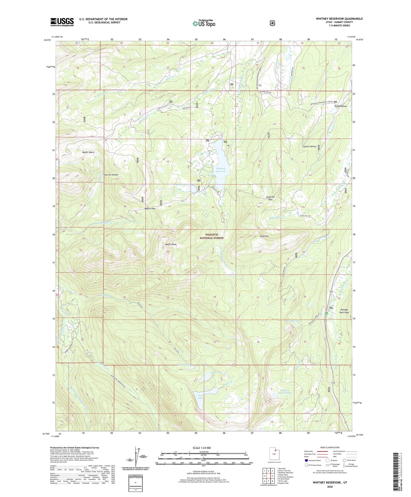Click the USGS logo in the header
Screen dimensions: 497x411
pos(62,22)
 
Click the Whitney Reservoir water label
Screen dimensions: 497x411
pos(221,170)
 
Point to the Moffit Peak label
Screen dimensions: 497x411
pos(171,244)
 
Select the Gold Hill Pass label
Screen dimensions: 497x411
pos(270,198)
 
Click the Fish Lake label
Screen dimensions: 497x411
pos(200,397)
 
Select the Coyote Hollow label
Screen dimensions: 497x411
pos(309,146)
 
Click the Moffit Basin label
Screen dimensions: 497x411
pos(88,152)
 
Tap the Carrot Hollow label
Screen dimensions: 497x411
pos(111,175)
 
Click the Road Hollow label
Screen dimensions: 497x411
pos(340,106)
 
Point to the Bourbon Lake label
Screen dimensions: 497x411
pos(293,320)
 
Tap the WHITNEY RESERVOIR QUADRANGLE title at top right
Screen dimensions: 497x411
pos(339,19)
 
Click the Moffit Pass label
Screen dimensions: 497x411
pos(150,209)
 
